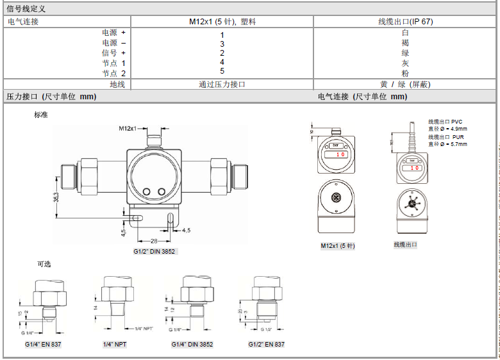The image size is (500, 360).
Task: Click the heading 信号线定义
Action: pos(26,9)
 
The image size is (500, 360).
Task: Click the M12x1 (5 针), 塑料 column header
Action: pos(222,21)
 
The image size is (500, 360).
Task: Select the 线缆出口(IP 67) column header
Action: pos(405,21)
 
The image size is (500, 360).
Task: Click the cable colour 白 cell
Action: pos(405,32)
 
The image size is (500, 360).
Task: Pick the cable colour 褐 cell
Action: pos(405,42)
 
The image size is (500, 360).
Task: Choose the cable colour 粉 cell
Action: pos(405,73)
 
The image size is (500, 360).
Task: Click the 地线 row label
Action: pos(117,84)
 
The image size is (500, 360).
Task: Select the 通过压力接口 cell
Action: pos(222,84)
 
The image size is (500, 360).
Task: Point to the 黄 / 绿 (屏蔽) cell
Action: pos(405,84)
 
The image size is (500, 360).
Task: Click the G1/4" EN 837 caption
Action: pos(43,345)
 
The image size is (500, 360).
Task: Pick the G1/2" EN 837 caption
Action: pos(267,345)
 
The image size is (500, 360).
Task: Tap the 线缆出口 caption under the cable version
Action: pos(405,245)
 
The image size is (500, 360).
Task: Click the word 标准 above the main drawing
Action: pos(41,115)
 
